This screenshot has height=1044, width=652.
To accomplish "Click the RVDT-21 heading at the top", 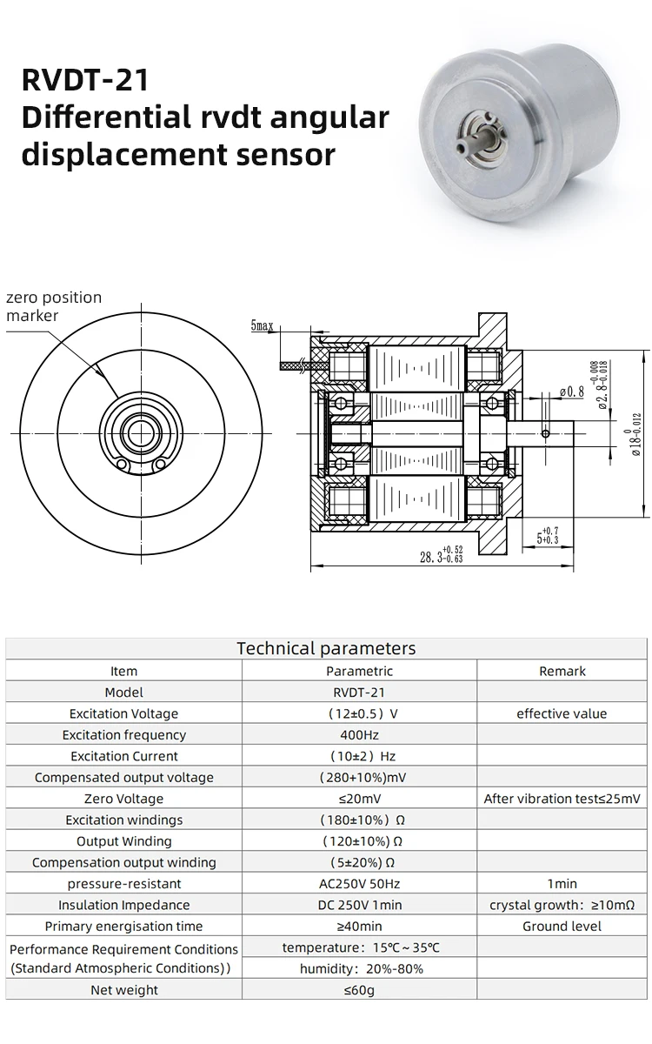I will pos(85,80).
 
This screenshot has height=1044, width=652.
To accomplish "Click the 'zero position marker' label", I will pos(54,306).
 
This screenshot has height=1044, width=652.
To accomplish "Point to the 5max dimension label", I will pos(262,326).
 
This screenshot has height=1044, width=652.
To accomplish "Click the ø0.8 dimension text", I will pos(571,391).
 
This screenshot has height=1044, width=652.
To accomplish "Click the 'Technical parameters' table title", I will pos(326,648).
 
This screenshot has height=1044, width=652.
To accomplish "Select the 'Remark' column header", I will pos(562,671).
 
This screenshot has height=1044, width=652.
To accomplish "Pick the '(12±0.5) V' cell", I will pos(359,713).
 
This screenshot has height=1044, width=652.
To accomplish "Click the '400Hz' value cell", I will pos(359,735).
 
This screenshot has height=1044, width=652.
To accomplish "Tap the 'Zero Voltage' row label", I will pos(123,799).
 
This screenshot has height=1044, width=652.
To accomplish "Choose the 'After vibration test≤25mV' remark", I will pos(562,799).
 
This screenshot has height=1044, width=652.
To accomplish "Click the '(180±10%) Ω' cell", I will pos(359,820).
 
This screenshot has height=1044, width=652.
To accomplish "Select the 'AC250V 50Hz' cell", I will pos(359,884).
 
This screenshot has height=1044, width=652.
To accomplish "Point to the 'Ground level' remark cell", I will pos(562,926).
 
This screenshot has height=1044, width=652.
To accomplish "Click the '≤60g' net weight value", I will pos(359,990).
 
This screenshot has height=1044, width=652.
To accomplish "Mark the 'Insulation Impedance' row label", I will pos(123,905).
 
